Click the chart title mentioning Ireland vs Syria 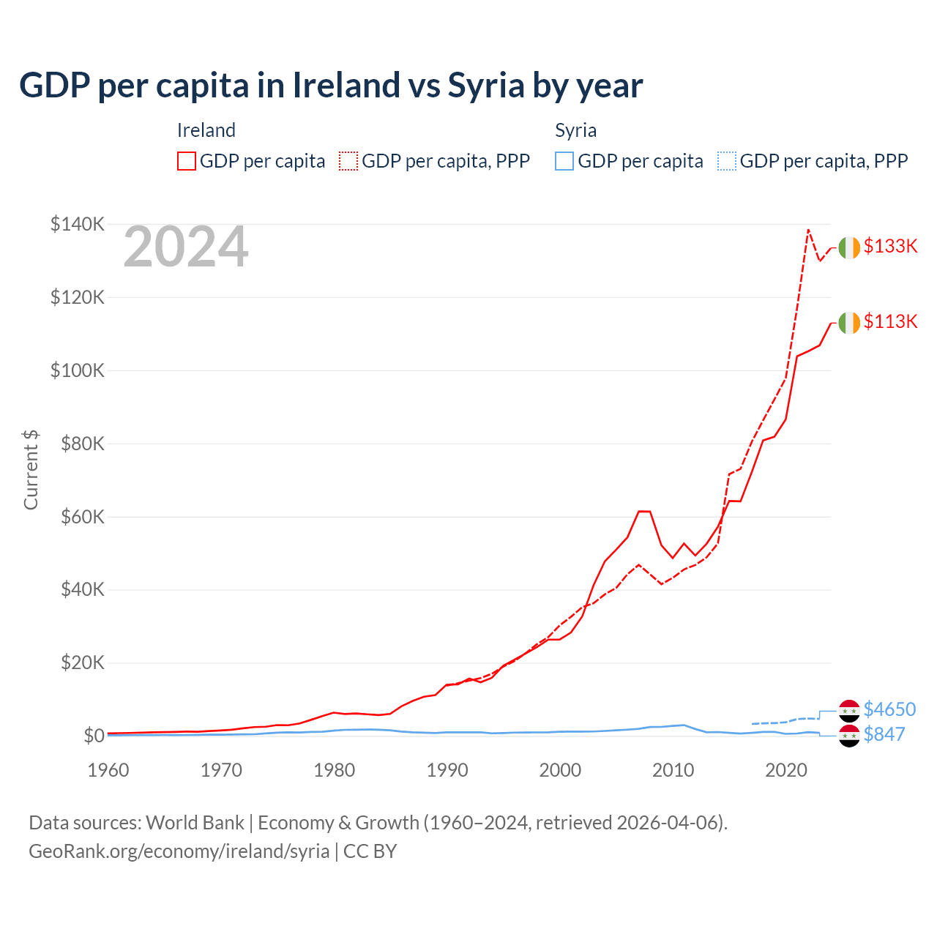coord(331,86)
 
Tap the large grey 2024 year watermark coord(186,247)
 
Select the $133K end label coord(890,246)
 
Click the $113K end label coord(890,321)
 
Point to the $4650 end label coord(889,709)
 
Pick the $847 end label coord(884,734)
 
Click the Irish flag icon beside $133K coord(849,248)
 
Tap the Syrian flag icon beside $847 coord(849,736)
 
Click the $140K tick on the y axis coord(78,224)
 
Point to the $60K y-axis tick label coord(83,517)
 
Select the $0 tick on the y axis coord(94,736)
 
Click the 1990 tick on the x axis coord(447,770)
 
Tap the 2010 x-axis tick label coord(673,770)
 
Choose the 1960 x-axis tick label coord(108,770)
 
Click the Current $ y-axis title coord(31,470)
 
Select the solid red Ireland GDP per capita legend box coord(187,161)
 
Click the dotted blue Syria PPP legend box coord(727,161)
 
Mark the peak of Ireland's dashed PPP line coord(808,230)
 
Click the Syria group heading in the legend coord(575,130)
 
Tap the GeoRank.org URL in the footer coord(179,851)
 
